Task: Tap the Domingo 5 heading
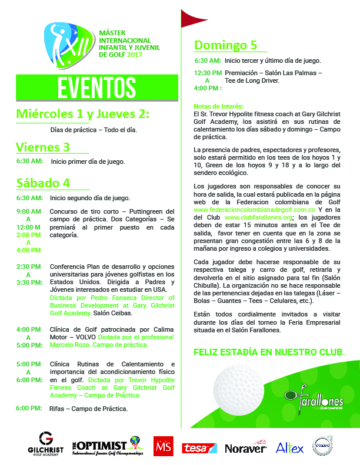click(x=226, y=45)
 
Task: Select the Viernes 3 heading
click(x=43, y=147)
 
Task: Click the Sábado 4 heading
click(x=43, y=182)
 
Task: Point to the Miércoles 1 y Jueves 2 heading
click(x=83, y=113)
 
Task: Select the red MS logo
click(x=162, y=446)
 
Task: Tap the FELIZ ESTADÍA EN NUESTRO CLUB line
click(x=269, y=352)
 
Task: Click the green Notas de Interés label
click(x=218, y=106)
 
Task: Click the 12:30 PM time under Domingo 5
click(x=208, y=73)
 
